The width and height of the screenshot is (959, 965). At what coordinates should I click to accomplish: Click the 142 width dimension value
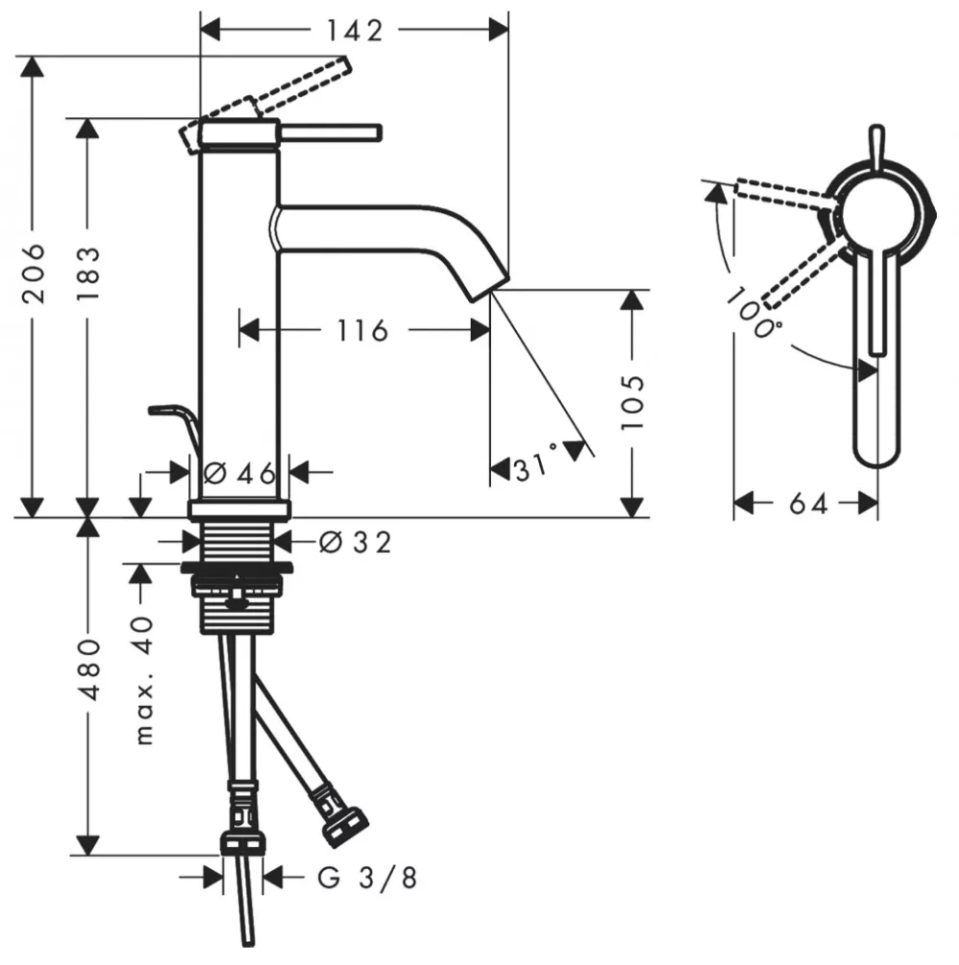[354, 31]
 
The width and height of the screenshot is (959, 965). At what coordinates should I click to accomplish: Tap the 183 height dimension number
[88, 273]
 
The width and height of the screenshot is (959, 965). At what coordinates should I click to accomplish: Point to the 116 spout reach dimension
[363, 331]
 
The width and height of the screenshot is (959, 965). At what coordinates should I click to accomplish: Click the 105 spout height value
[632, 401]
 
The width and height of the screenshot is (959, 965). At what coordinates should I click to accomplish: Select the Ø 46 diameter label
[240, 473]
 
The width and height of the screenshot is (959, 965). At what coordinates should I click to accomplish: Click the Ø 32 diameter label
[356, 543]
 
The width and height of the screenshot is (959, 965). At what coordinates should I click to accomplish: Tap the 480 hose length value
[89, 670]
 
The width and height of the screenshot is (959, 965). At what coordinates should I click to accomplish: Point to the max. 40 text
[144, 681]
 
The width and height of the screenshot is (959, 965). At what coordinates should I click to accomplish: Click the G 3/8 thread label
[367, 878]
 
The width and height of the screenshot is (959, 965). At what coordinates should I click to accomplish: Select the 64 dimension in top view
[808, 504]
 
